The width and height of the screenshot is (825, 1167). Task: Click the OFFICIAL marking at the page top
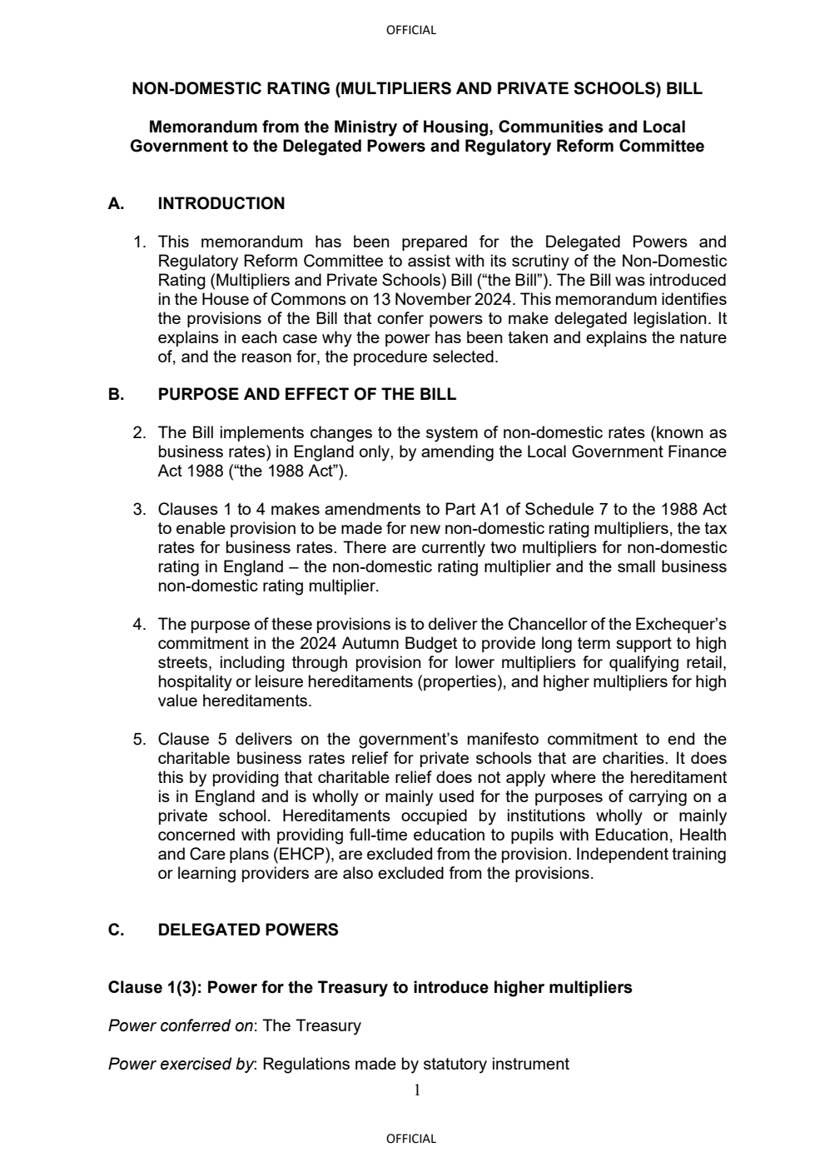[x=411, y=30]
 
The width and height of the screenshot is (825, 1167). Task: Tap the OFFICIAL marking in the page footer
[x=411, y=1139]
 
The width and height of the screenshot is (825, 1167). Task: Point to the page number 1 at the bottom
[x=417, y=1090]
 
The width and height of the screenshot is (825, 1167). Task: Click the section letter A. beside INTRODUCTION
[x=117, y=203]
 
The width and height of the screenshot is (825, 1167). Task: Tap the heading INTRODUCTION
[x=221, y=203]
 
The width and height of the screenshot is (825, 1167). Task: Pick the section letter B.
[x=117, y=394]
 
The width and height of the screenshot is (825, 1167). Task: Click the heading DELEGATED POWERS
[x=248, y=930]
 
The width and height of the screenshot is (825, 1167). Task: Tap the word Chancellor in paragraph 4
[x=547, y=624]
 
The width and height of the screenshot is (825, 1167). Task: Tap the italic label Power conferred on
[x=180, y=1025]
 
